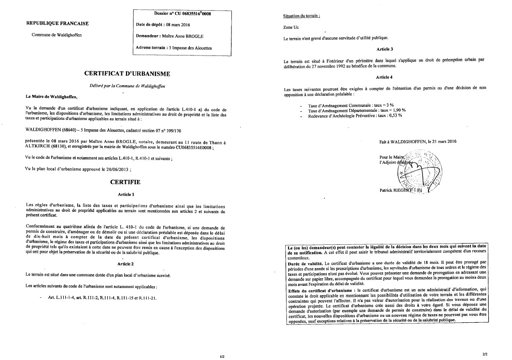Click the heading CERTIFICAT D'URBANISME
coord(127,74)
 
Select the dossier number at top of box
coord(182,14)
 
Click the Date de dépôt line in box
coord(157,25)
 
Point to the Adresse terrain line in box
coord(173,48)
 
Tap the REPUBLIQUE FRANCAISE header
coord(57,23)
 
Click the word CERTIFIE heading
coord(125,182)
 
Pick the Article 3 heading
coord(384,49)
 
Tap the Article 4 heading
coord(384,77)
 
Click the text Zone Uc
coord(291,27)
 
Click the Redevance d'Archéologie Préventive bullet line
coord(355,115)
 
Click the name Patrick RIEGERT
coord(396,191)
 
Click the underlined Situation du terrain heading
coord(301,16)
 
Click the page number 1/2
coord(222,357)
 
